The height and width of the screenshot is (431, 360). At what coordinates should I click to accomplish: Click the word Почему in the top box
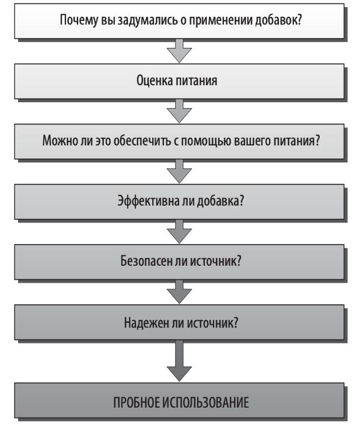(79, 20)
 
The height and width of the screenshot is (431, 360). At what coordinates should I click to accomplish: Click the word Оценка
(155, 81)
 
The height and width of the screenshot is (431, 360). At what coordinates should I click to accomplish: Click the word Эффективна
(148, 201)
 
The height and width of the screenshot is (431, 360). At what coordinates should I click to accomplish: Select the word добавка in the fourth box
(221, 200)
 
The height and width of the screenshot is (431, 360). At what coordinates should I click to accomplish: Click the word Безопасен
(146, 261)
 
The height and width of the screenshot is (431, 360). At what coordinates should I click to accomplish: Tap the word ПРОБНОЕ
(136, 403)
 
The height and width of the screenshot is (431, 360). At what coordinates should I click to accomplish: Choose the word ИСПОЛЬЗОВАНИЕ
(205, 403)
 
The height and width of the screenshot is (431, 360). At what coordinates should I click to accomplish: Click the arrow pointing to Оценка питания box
(179, 51)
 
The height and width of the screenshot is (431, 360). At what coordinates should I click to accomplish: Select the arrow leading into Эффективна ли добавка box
(179, 171)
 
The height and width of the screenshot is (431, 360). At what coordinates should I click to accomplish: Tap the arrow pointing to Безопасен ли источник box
(179, 231)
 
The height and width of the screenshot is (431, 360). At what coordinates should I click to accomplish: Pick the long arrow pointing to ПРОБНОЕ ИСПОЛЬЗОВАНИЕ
(179, 361)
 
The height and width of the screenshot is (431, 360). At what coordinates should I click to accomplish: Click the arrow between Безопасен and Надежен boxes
(179, 291)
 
